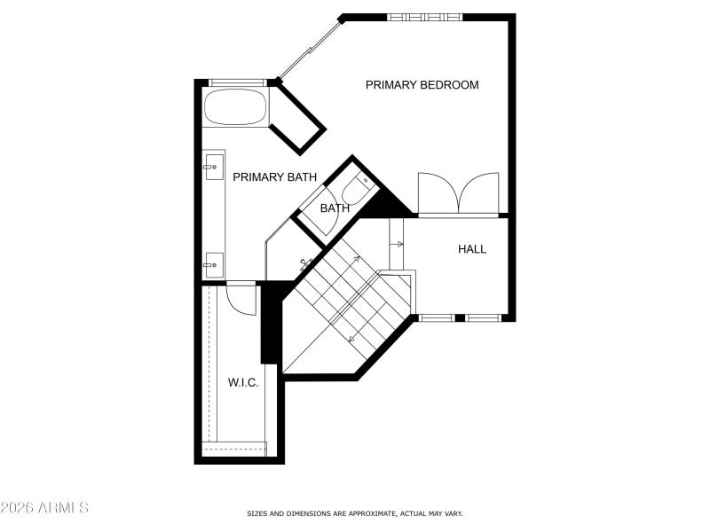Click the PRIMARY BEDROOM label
pos(422,85)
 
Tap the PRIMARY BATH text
pos(274,177)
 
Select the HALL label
pos(471,249)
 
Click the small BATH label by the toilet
pos(335,209)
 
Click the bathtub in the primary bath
pos(235,108)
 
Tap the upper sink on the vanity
pos(212,165)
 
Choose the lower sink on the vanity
pos(212,262)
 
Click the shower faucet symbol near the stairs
pos(305,263)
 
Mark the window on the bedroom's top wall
pos(424,17)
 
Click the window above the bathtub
pos(236,83)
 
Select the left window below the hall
pos(435,317)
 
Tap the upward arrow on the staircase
pos(356,259)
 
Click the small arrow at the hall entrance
pos(398,244)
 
